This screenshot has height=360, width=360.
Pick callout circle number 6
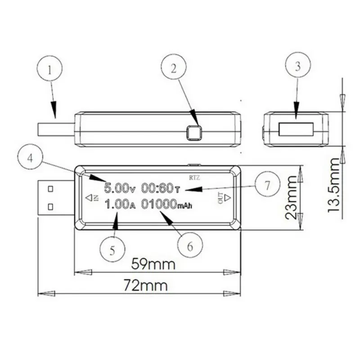(189, 246)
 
